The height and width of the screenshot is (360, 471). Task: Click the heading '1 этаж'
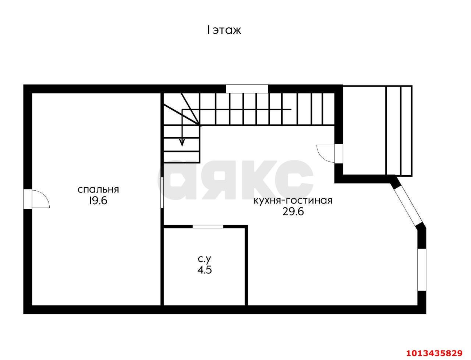coord(224,30)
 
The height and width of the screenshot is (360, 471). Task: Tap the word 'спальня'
coord(98,190)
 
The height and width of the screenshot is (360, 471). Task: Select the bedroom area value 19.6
coord(98,201)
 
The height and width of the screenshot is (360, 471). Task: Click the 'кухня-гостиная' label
coord(293,201)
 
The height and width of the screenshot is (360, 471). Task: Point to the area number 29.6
coord(293,212)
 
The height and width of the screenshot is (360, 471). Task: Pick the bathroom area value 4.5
coord(205,270)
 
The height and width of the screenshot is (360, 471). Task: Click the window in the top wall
coord(247,89)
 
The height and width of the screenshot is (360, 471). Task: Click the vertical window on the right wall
coord(422,270)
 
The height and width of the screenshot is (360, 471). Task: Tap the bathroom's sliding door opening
coord(208,226)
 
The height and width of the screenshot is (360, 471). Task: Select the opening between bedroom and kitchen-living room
coord(162,193)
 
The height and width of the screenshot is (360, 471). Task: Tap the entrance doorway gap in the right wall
coord(339,154)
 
